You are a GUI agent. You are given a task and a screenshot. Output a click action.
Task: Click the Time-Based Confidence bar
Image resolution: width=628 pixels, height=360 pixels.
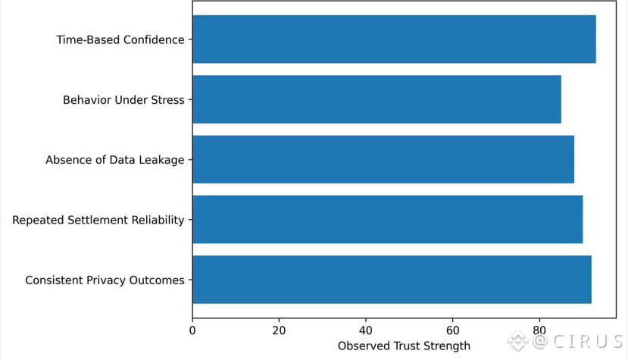[x=394, y=39]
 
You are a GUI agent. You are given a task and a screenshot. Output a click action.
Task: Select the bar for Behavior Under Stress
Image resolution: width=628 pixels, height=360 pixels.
[x=376, y=99]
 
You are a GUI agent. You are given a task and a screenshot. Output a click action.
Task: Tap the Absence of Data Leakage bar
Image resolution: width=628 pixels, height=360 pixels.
[x=383, y=159]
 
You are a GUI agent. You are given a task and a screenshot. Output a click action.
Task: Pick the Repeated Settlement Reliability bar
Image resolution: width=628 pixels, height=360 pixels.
[x=387, y=220]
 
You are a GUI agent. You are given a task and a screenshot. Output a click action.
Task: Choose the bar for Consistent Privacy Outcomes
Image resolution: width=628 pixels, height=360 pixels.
[x=392, y=280]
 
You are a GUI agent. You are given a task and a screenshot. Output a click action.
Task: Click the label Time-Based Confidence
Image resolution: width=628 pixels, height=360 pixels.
[x=120, y=39]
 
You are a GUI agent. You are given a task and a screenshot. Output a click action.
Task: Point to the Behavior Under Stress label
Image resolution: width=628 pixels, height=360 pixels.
[x=123, y=99]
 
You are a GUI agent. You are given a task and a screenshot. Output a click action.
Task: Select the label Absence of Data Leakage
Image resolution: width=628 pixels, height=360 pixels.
[x=115, y=160]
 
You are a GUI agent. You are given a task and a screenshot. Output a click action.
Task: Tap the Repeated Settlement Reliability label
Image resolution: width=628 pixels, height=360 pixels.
[x=98, y=220]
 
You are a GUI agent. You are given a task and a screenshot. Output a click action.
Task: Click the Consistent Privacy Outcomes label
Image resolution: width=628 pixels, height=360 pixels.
[x=105, y=280]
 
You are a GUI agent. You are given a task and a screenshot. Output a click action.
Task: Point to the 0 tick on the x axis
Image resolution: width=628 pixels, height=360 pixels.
[x=192, y=330]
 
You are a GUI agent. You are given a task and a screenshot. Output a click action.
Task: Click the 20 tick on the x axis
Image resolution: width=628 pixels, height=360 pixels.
[x=279, y=330]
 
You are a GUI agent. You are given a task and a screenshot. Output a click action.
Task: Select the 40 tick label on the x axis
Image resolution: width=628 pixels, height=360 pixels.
[x=366, y=330]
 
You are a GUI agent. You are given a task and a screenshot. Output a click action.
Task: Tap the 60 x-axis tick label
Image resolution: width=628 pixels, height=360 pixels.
[x=452, y=330]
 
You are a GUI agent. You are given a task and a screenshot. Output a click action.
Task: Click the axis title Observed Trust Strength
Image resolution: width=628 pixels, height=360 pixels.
[x=404, y=346]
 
